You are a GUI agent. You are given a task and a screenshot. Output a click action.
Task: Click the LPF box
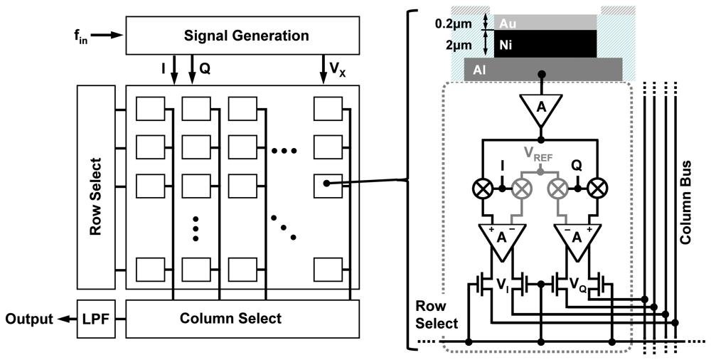(96, 318)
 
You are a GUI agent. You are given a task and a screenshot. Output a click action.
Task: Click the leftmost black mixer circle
(482, 188)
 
